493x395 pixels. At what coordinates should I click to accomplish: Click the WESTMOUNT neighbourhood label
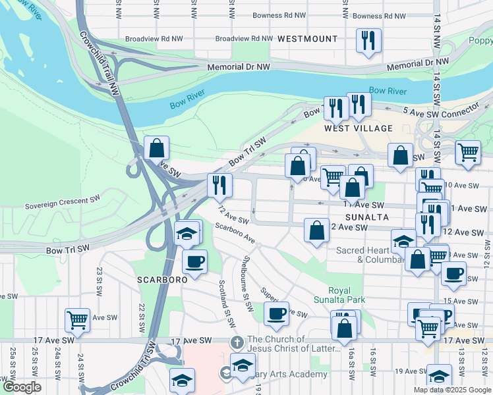307,39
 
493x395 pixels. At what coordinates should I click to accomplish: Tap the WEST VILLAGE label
359,128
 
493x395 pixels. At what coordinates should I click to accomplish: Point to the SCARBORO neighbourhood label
163,279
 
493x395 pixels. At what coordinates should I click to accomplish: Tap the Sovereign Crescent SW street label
63,206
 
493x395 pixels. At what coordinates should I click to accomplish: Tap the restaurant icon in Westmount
368,39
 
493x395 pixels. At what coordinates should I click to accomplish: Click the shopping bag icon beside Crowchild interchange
156,148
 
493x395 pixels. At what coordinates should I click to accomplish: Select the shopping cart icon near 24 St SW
77,320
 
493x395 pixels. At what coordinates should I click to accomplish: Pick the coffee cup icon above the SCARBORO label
194,261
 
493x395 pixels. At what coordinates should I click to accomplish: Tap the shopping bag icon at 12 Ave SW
316,230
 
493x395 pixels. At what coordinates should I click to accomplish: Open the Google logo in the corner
21,388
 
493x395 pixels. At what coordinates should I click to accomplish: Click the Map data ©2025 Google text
451,390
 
